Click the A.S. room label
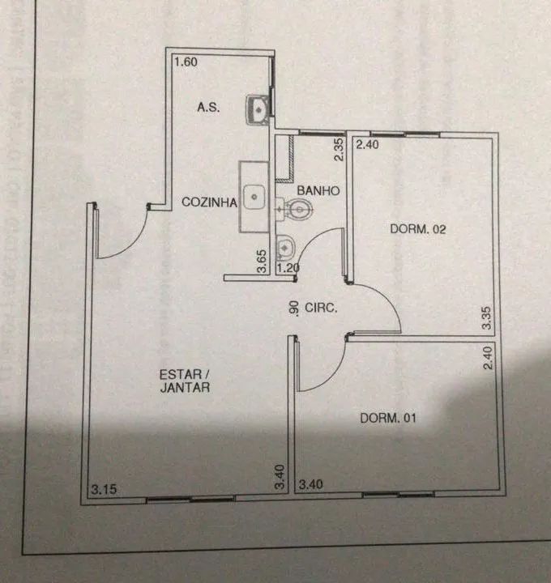(208, 108)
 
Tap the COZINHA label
(209, 202)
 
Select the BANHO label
(318, 191)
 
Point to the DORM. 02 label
(418, 229)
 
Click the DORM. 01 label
(387, 418)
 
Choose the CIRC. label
(321, 308)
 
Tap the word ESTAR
(181, 374)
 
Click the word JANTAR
(185, 387)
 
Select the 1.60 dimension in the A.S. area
(186, 62)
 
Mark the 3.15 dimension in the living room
(104, 489)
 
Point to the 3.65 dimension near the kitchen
(262, 261)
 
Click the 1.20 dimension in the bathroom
(288, 268)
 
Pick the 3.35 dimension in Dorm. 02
(487, 318)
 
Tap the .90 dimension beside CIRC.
(294, 309)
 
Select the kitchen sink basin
(254, 197)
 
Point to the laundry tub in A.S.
(258, 109)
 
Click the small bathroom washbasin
(286, 247)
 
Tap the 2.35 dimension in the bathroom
(339, 150)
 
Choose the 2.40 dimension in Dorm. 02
(368, 144)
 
